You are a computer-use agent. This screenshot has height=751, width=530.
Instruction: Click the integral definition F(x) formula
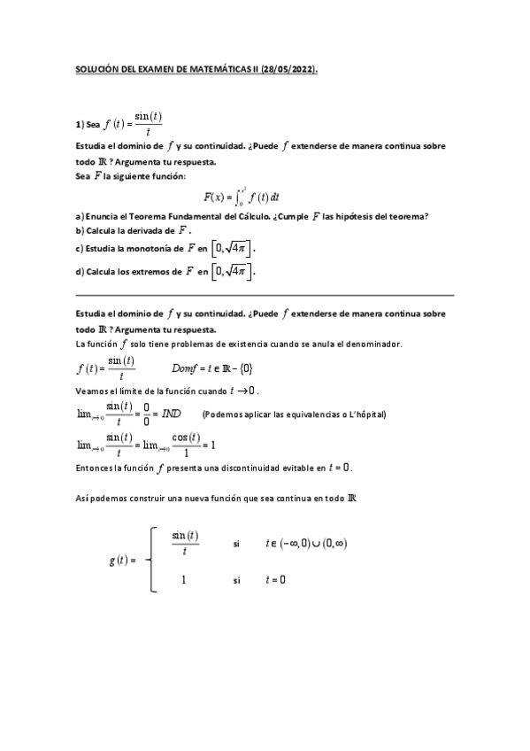click(x=241, y=197)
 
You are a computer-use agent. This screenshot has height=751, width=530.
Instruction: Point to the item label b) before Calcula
click(x=79, y=230)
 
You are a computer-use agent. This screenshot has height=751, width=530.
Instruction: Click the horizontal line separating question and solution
click(x=265, y=294)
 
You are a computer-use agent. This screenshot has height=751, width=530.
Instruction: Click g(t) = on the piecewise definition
click(x=121, y=561)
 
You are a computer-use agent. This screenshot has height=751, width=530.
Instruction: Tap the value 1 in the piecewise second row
click(x=183, y=580)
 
